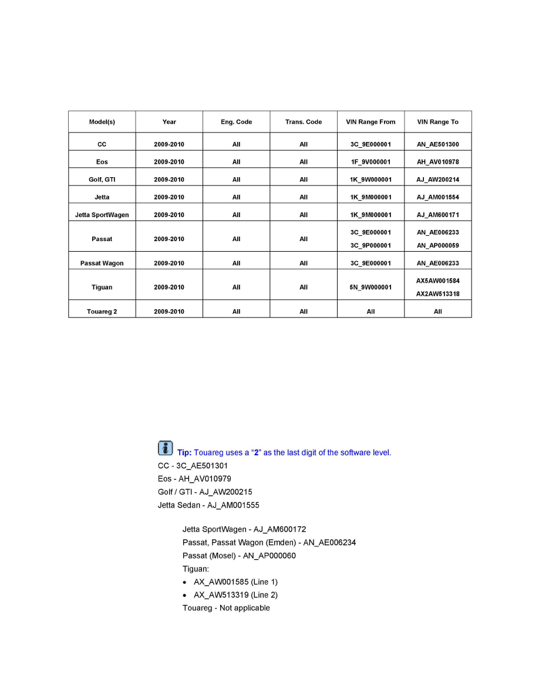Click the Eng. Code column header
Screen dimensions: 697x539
tap(236, 122)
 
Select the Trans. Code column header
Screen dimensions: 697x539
tap(304, 122)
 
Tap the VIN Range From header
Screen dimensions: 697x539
tap(370, 122)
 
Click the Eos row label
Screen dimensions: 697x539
tap(102, 162)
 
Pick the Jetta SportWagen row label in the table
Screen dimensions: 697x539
tap(102, 215)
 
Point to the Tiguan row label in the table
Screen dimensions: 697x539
tap(102, 287)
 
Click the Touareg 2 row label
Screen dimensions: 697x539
tap(102, 312)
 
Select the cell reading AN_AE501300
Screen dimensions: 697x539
tap(438, 144)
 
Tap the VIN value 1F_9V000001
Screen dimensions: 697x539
tap(370, 162)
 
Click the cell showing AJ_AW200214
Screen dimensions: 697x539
tap(438, 180)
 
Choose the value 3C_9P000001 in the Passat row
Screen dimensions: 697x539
tap(370, 245)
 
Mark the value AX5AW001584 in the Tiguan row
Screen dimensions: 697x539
tap(438, 281)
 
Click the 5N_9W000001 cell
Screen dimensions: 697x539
tap(370, 287)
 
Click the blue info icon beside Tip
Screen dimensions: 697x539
tap(165, 449)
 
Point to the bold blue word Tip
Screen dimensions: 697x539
tap(184, 452)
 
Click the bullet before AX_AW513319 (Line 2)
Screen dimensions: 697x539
tap(186, 595)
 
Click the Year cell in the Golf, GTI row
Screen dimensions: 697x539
tap(169, 180)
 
